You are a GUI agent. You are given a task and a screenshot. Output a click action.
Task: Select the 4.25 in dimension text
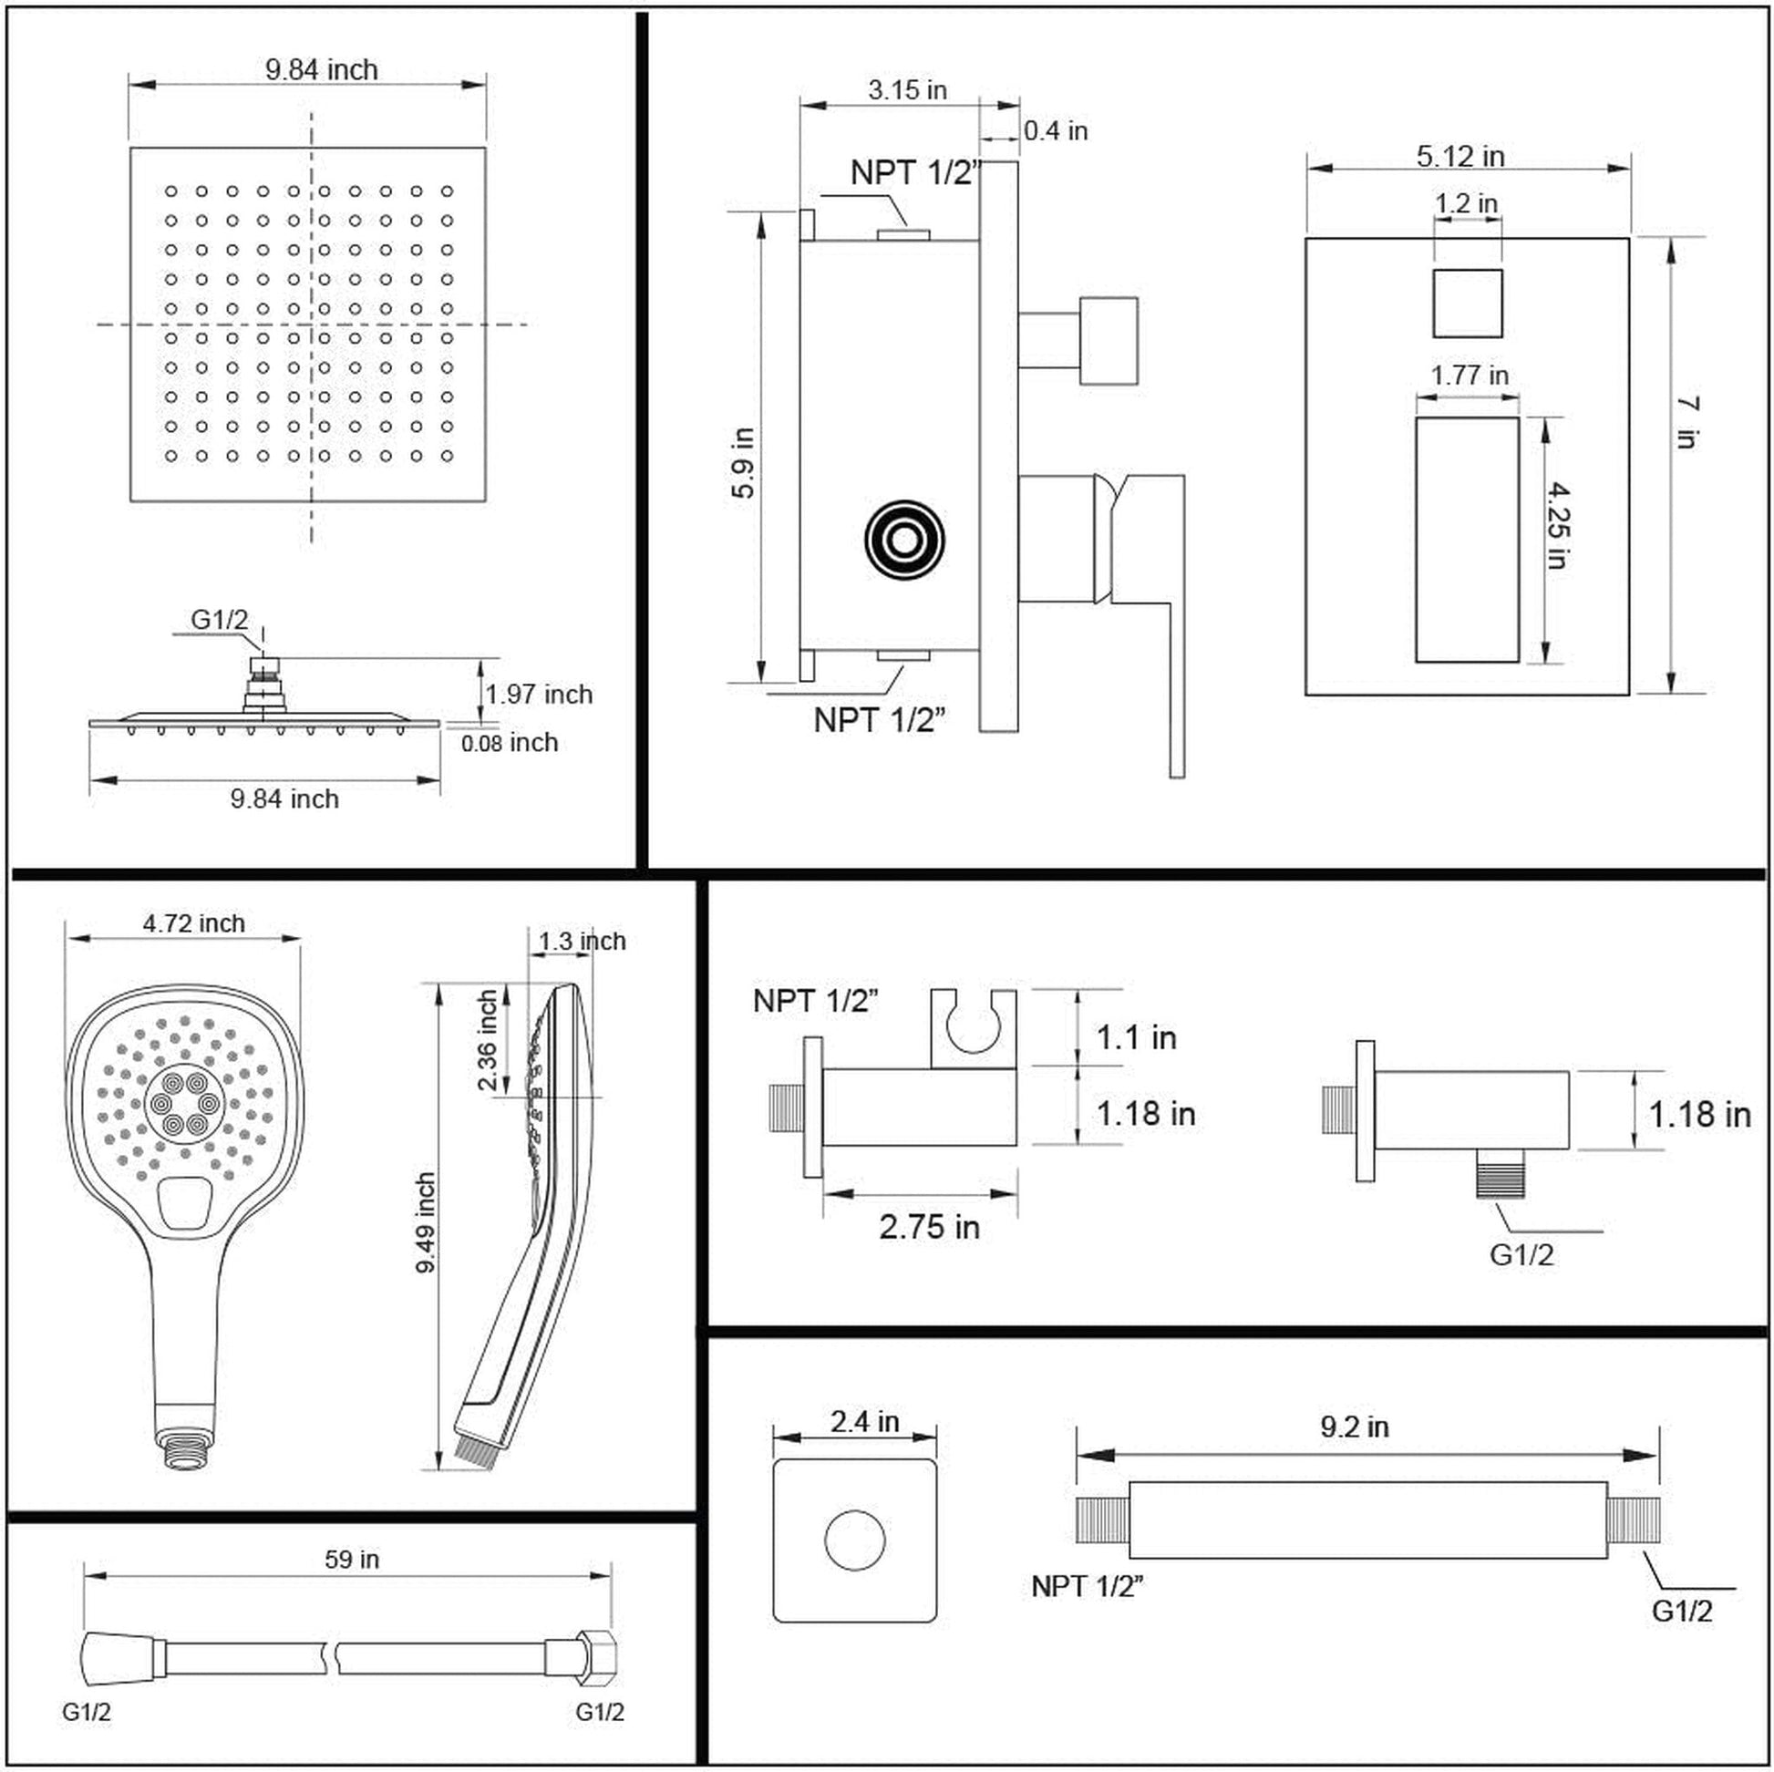click(1557, 525)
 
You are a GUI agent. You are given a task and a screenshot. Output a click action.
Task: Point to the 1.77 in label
click(1470, 375)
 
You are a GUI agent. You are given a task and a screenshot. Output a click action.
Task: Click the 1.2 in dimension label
click(1467, 203)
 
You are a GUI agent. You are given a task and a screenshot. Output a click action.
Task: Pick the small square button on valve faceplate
click(1468, 303)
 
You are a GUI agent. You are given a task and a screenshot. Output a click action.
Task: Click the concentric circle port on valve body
click(904, 540)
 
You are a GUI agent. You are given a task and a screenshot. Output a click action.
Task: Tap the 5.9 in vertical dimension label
click(743, 463)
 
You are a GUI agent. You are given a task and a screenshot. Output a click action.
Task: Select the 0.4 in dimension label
click(1055, 131)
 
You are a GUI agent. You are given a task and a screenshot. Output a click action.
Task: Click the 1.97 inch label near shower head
click(539, 694)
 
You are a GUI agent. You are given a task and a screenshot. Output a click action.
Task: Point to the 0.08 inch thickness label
click(510, 743)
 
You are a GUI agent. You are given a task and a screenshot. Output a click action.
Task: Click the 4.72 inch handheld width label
click(194, 922)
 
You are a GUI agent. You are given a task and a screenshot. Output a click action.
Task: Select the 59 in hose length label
click(352, 1558)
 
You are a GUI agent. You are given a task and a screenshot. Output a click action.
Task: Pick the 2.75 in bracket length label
click(929, 1226)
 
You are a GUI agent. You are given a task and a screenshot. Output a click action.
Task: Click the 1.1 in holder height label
click(1136, 1036)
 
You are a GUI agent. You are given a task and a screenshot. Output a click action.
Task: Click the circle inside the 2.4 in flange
click(855, 1540)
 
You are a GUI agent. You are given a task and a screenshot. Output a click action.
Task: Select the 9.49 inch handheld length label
click(425, 1222)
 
